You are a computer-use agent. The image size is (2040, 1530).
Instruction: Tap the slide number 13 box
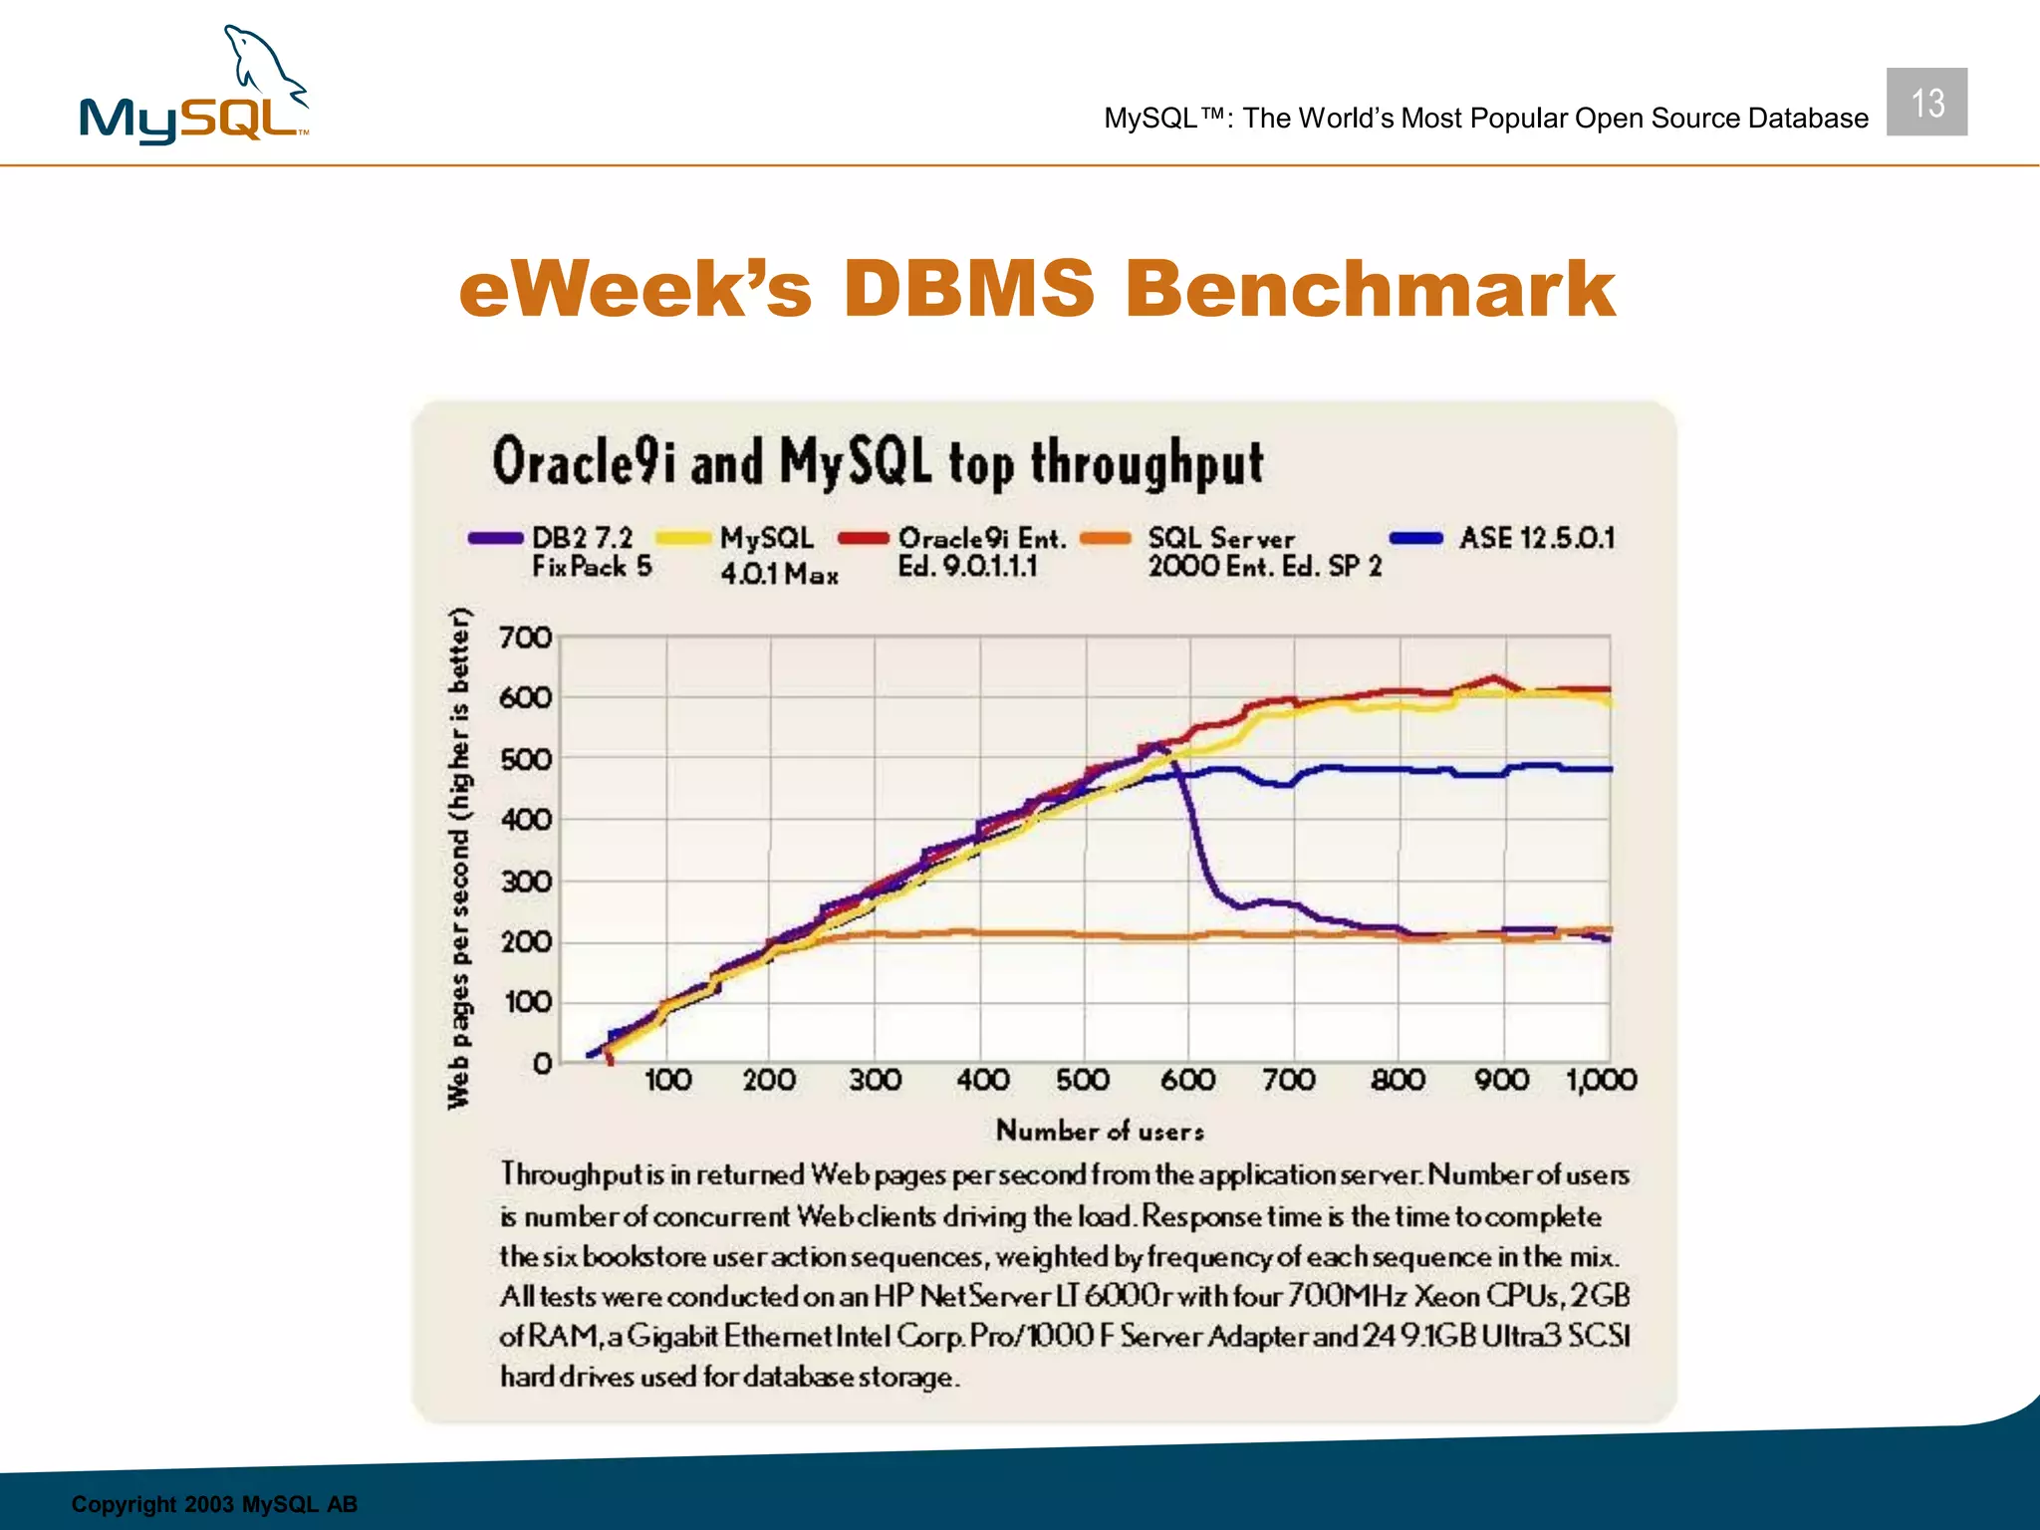pos(1925,103)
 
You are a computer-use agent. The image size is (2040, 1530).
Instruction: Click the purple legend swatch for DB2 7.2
pos(495,539)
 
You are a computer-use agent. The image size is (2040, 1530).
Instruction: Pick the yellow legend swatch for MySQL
pos(682,539)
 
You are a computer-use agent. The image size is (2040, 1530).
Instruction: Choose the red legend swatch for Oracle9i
pos(863,539)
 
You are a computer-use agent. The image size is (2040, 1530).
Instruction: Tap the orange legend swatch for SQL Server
pos(1106,539)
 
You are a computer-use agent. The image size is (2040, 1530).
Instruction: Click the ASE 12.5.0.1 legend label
pos(1536,539)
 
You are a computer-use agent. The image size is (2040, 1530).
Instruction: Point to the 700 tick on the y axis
pos(525,637)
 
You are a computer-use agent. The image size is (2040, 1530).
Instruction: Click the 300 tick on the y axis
pos(525,882)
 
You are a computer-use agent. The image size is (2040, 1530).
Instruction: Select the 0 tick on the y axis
pos(542,1064)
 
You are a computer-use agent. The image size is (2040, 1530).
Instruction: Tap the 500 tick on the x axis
pos(1083,1080)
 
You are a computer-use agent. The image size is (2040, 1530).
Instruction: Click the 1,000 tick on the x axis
pos(1601,1080)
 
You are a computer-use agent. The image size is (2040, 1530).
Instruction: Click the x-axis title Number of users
pos(1100,1131)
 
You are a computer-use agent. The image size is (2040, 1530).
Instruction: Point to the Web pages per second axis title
pos(458,857)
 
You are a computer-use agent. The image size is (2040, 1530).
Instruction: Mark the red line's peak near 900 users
pos(1492,679)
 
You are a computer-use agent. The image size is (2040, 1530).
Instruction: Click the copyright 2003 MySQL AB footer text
pos(214,1504)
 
